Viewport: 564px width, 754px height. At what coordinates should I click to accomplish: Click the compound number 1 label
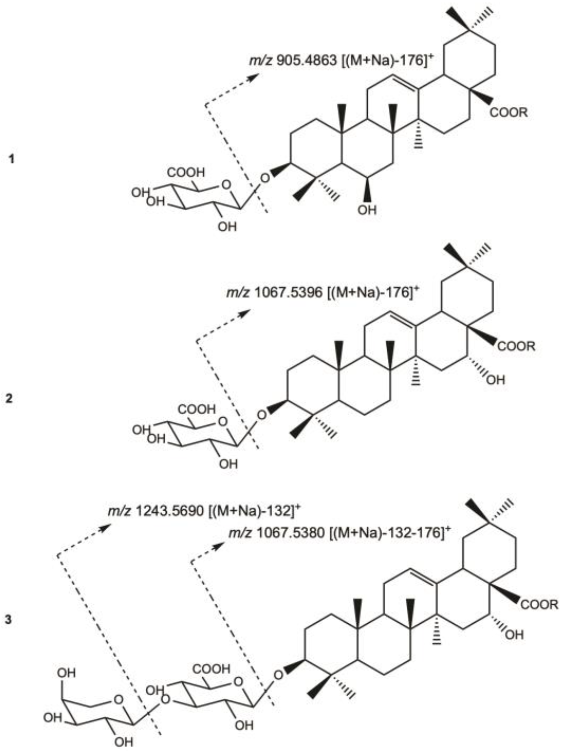tap(12, 159)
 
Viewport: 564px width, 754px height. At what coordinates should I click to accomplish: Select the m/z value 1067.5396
tap(287, 292)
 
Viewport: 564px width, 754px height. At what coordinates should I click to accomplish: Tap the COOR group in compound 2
tap(516, 346)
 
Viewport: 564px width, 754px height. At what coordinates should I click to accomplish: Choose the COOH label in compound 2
tap(196, 409)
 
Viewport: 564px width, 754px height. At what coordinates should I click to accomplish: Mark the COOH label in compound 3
tap(211, 668)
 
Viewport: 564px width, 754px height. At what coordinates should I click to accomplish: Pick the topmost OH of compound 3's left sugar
tap(66, 673)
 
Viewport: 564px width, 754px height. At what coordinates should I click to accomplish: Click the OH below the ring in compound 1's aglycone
tap(367, 210)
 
